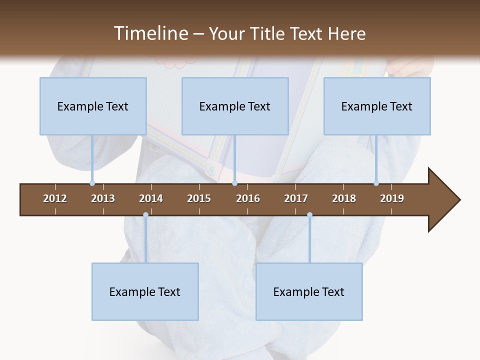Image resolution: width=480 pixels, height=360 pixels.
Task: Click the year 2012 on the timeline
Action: click(55, 198)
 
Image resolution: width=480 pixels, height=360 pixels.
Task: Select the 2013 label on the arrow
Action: click(103, 198)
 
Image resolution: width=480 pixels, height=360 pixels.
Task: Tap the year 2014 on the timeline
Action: click(151, 198)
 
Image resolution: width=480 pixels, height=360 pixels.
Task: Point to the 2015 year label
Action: click(199, 198)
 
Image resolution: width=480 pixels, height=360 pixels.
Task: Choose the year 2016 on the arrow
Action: click(248, 198)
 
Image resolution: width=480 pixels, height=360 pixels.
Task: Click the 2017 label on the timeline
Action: click(296, 198)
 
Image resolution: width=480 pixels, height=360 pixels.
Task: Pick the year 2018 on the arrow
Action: click(344, 198)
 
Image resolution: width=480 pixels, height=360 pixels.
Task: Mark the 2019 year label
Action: click(392, 198)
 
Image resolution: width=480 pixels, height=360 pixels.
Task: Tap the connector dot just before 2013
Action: click(92, 183)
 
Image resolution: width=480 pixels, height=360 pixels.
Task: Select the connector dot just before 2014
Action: click(145, 215)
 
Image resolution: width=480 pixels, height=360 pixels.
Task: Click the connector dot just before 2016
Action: click(235, 183)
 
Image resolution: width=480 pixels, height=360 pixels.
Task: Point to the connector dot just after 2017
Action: click(309, 215)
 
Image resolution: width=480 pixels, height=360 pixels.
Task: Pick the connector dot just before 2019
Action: click(376, 183)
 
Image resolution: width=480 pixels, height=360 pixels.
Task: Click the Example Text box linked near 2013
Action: click(93, 106)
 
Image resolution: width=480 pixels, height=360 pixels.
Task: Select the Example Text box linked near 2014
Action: click(145, 291)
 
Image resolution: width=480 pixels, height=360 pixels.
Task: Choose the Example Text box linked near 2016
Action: click(235, 106)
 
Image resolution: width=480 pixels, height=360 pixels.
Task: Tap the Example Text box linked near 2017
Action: click(309, 291)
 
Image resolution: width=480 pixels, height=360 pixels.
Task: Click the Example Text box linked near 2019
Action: click(377, 106)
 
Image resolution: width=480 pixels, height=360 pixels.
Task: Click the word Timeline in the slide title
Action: click(150, 33)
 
